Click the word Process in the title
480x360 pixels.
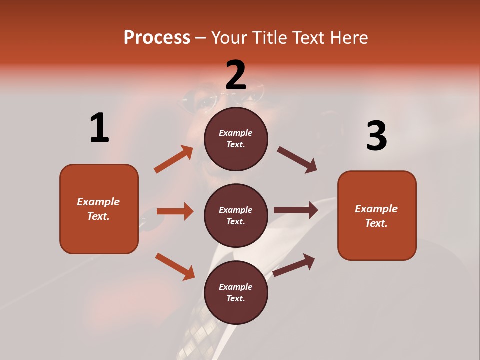(157, 38)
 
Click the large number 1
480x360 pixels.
(99, 128)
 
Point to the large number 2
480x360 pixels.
(236, 75)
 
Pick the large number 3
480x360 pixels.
(376, 136)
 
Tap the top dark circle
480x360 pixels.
(236, 139)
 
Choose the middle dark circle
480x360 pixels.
(236, 215)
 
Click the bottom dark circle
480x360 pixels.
(236, 292)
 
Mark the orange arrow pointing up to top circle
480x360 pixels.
(173, 159)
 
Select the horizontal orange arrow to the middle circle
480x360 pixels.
(175, 211)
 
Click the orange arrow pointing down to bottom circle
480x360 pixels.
(175, 266)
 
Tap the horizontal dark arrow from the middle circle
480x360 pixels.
(296, 210)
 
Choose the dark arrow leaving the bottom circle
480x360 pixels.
(294, 265)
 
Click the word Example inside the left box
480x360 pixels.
(98, 202)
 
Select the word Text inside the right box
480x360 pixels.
(376, 223)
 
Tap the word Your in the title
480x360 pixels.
(229, 38)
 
